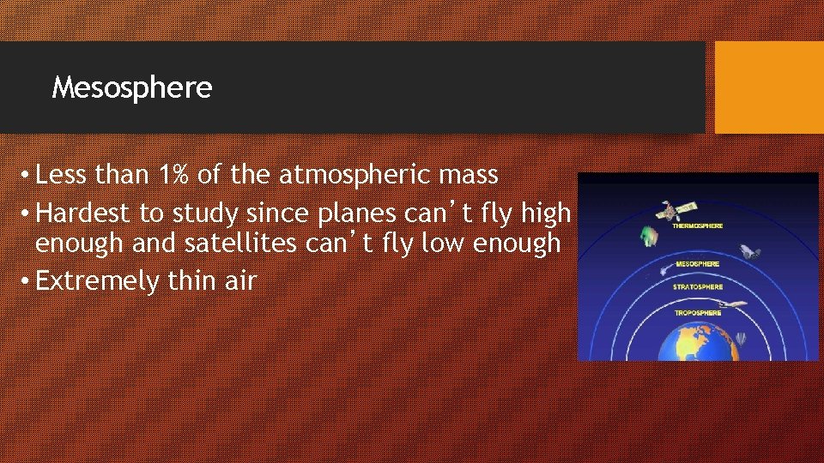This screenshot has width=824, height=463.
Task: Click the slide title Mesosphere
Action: click(x=131, y=87)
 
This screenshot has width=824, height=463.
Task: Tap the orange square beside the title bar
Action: click(x=769, y=87)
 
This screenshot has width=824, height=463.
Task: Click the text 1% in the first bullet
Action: click(x=174, y=175)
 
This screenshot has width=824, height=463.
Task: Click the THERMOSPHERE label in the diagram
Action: click(x=698, y=226)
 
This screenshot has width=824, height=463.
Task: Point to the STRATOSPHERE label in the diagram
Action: click(x=698, y=287)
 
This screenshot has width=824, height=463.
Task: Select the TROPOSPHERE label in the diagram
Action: click(x=698, y=313)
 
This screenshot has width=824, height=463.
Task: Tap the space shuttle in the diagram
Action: click(x=750, y=252)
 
